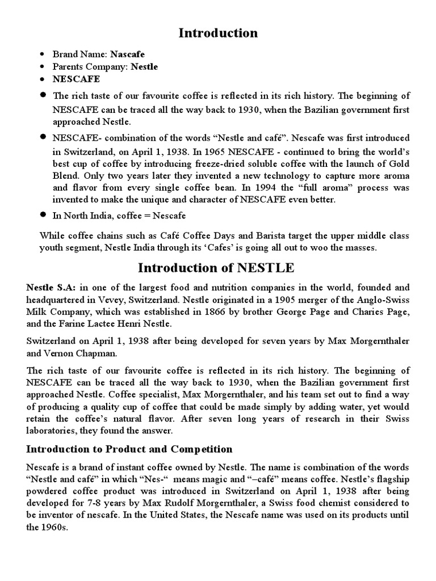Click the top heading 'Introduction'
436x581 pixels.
pos(218,33)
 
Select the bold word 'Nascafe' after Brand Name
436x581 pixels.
pos(127,54)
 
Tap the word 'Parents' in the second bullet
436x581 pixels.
pos(67,67)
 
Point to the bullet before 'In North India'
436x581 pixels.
pos(42,216)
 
